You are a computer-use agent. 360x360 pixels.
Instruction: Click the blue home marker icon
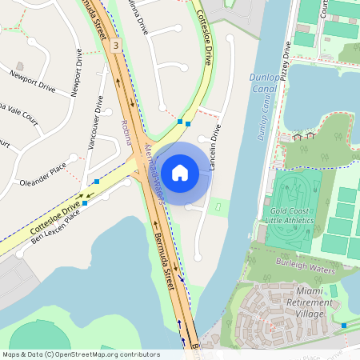(x=180, y=172)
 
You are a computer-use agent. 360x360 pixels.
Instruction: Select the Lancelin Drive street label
(x=214, y=141)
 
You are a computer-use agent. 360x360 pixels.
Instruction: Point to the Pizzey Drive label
(x=286, y=60)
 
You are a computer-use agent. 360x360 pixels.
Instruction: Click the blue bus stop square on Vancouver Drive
(x=97, y=182)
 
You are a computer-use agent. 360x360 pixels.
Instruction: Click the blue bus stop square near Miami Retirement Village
(x=345, y=325)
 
